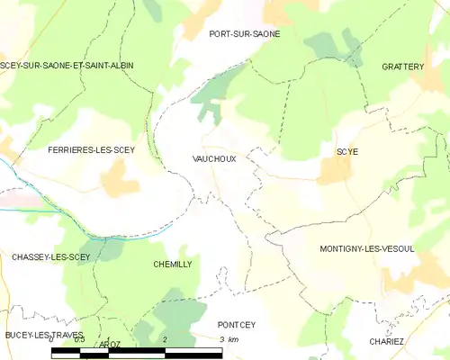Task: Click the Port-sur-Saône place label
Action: (244, 34)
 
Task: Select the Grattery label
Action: (402, 67)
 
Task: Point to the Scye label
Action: (346, 152)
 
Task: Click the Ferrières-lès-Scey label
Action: (91, 150)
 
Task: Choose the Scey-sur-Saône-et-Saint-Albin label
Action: (67, 66)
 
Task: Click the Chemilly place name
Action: (172, 265)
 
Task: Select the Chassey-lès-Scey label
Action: (50, 257)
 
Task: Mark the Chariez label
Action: (388, 341)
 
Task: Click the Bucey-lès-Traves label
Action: (43, 336)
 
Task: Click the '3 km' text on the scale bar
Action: (229, 339)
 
